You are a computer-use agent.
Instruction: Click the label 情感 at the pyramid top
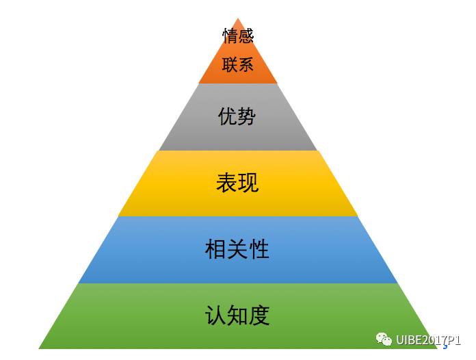click(x=238, y=36)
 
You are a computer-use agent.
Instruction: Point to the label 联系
click(x=238, y=65)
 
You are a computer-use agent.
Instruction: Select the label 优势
click(x=237, y=116)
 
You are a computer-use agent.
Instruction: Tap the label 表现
click(x=237, y=183)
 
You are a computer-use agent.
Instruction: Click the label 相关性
click(x=237, y=249)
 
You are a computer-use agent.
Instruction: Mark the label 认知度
click(x=237, y=316)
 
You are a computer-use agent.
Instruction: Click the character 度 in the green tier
click(x=259, y=316)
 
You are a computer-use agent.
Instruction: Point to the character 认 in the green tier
click(x=215, y=316)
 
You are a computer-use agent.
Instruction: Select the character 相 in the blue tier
click(x=215, y=249)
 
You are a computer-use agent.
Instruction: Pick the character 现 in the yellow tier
click(x=248, y=183)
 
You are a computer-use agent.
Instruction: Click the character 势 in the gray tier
click(x=247, y=116)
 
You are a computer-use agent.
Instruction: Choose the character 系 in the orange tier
click(x=246, y=65)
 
